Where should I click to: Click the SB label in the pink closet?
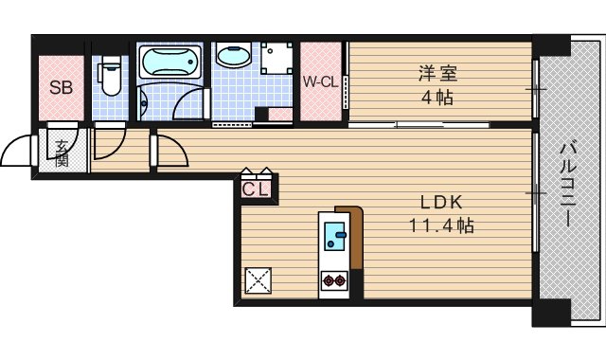point(62,89)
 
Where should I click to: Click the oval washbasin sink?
point(229,56)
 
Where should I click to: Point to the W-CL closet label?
point(321,81)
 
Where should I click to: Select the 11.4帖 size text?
point(440,226)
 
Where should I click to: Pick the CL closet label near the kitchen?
point(256,189)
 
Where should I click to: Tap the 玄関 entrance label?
point(62,153)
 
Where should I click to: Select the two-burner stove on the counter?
point(333,280)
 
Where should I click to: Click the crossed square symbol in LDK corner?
point(258,280)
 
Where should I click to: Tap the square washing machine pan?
point(276,59)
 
